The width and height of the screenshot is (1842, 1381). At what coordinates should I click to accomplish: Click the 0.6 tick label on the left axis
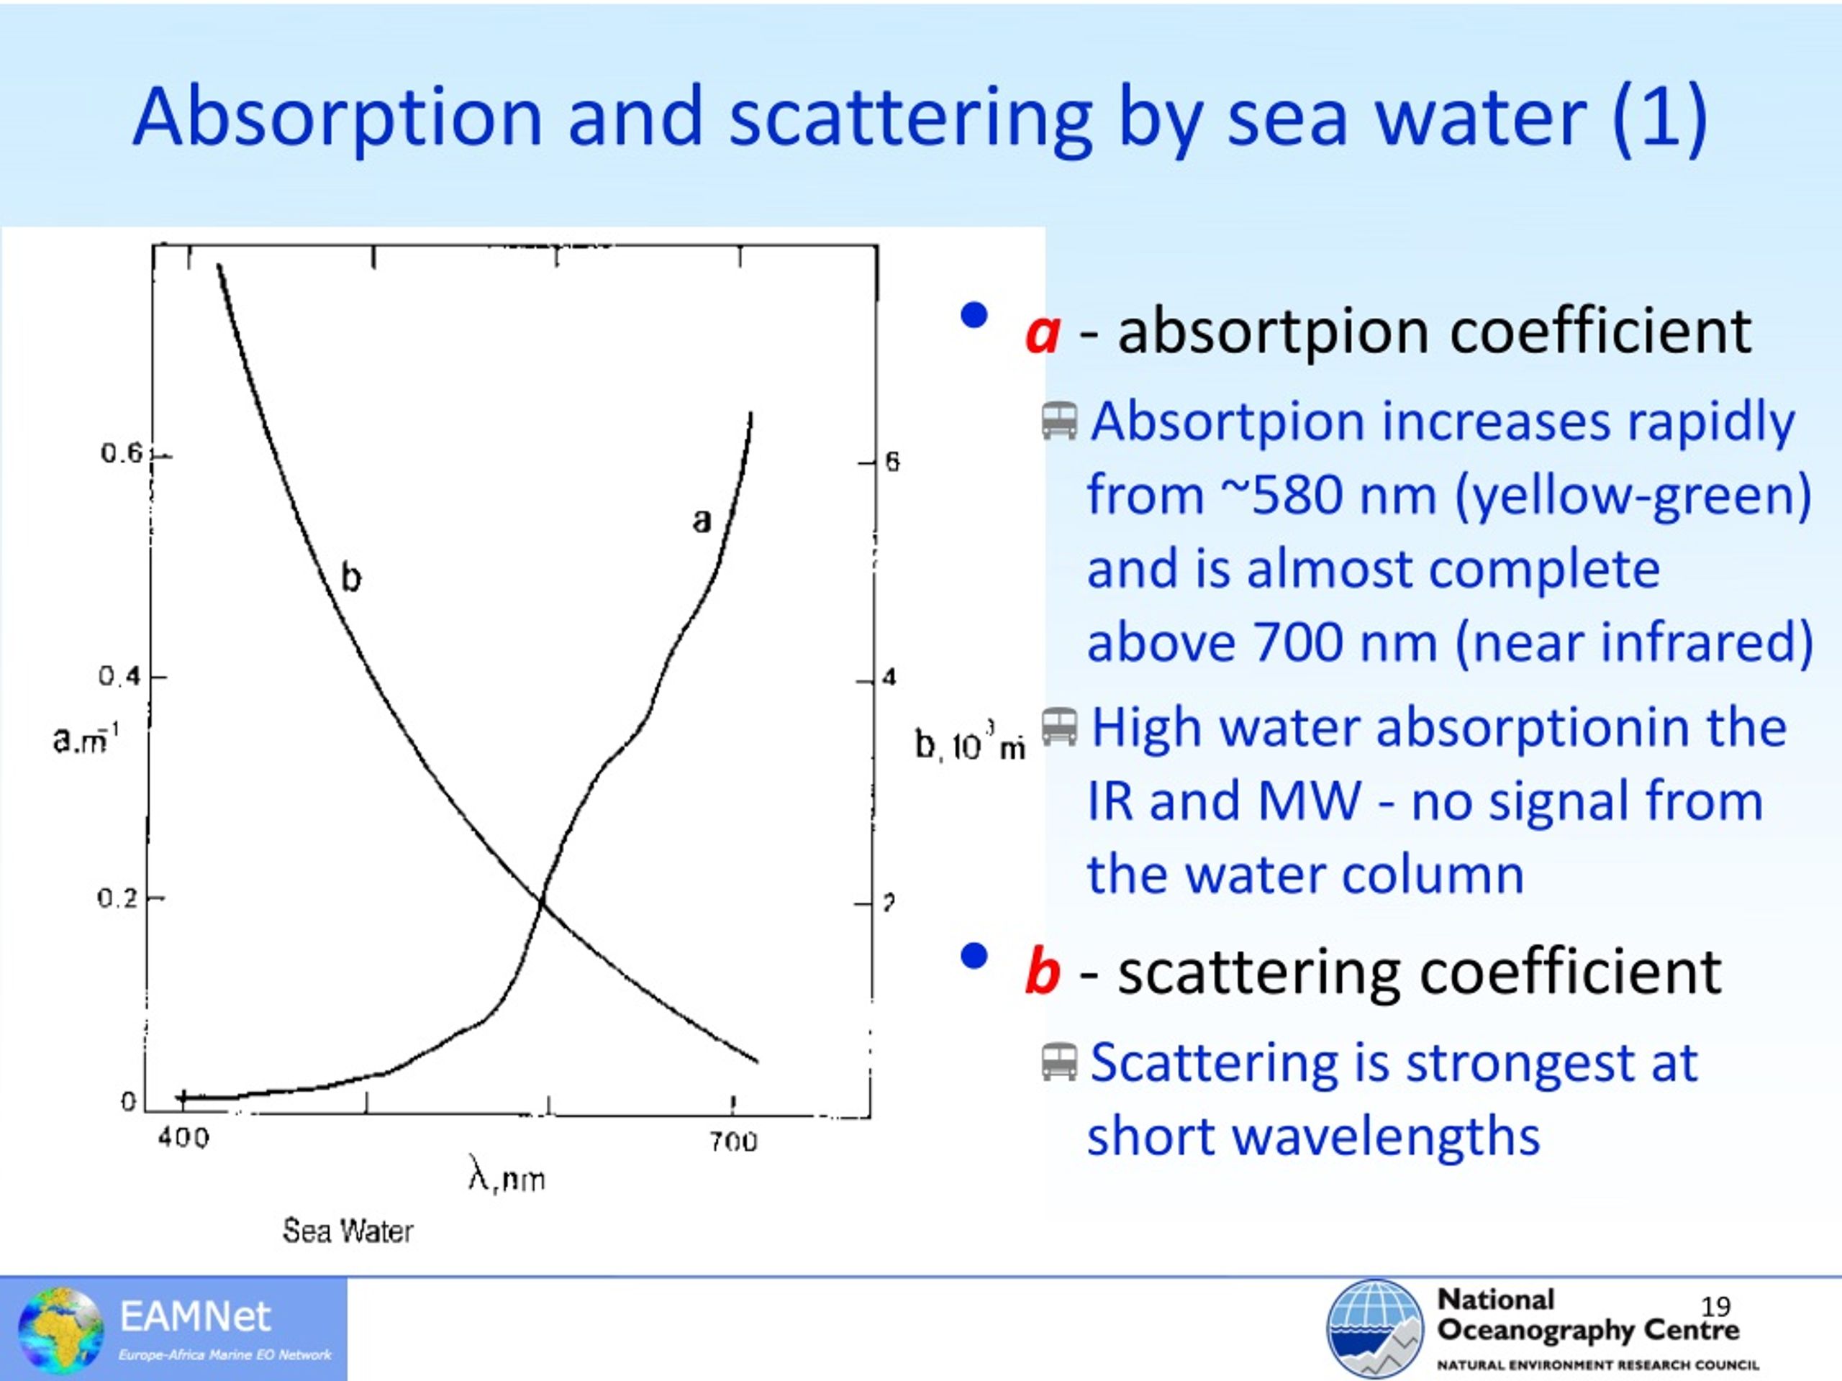point(122,454)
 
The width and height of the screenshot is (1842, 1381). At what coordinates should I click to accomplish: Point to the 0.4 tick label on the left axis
point(120,677)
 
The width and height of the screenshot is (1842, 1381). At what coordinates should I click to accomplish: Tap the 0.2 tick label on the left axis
point(118,898)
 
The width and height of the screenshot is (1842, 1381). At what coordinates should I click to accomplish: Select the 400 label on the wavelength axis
point(184,1137)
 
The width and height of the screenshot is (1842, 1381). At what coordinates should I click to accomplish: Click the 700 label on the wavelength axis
point(734,1141)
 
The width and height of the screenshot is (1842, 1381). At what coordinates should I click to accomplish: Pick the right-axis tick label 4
point(889,678)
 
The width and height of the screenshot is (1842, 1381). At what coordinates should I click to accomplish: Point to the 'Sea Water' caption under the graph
point(348,1231)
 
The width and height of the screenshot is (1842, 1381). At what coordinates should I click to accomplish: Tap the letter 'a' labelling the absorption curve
point(702,521)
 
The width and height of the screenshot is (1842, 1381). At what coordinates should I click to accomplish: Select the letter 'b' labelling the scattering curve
point(351,576)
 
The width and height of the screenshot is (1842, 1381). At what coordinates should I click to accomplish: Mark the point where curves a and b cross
point(541,898)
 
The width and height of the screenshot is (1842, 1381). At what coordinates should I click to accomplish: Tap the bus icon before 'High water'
point(1059,726)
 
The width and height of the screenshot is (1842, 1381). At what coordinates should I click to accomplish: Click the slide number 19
point(1715,1306)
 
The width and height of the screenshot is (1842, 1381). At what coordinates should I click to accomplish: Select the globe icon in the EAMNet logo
point(60,1329)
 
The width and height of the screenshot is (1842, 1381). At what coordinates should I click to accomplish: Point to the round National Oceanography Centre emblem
point(1375,1328)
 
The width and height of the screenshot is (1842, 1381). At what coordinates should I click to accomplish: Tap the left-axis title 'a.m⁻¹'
point(86,737)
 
